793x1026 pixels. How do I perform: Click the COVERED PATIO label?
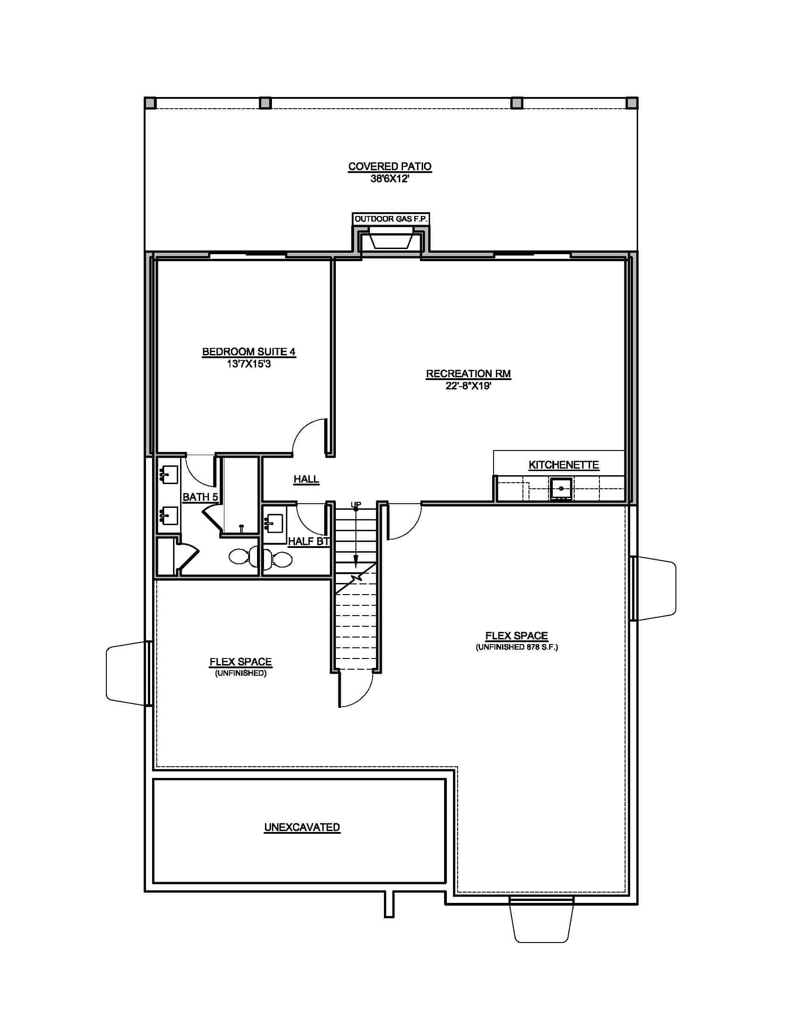[390, 166]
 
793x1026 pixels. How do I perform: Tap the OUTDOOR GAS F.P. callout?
[391, 219]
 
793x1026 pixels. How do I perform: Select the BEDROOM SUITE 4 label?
[249, 351]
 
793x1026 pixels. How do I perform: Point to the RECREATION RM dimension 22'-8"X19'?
[468, 386]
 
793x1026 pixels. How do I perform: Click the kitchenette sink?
[561, 489]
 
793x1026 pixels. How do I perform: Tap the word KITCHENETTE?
[563, 464]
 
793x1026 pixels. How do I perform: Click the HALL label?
[306, 478]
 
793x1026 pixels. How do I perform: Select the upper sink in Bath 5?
[169, 475]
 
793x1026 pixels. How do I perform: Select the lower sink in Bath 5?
[169, 515]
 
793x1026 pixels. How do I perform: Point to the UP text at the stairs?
[355, 505]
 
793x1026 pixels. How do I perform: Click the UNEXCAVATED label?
[302, 827]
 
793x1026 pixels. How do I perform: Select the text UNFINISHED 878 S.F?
[516, 647]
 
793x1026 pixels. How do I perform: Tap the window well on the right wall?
[655, 588]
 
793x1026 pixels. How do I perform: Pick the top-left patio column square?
[150, 103]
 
